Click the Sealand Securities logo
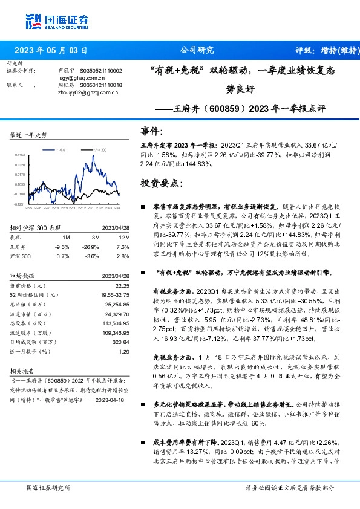click(x=54, y=22)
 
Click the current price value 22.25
click(x=122, y=285)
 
